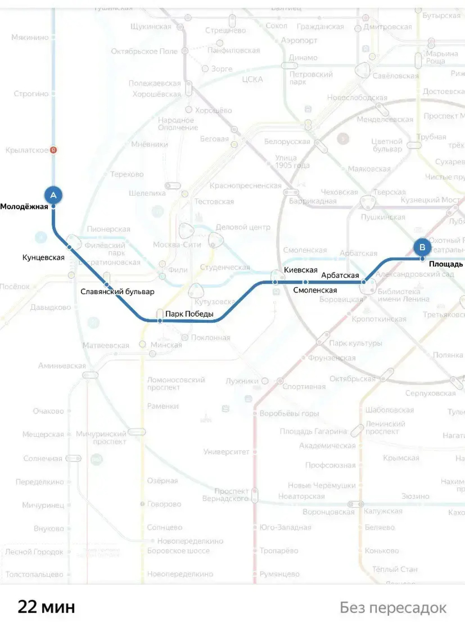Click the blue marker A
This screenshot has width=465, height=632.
tap(53, 195)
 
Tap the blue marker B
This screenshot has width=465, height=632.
tap(422, 247)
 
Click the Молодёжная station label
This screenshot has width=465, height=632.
tap(24, 207)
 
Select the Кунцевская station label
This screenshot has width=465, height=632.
tap(43, 258)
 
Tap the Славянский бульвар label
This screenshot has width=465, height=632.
tap(117, 291)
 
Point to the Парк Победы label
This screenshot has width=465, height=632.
tap(189, 314)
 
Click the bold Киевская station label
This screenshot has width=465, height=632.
tap(301, 270)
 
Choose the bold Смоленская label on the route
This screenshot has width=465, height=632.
tap(315, 290)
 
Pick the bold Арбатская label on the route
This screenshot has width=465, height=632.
tap(340, 276)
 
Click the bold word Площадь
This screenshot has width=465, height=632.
tap(446, 264)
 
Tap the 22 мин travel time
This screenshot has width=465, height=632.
tap(46, 607)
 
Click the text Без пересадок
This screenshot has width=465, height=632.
tap(393, 608)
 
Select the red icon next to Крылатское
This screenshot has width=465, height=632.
tap(53, 150)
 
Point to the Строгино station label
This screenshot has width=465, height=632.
tap(31, 94)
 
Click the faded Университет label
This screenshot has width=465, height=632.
tap(226, 452)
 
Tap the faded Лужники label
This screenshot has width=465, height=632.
tap(242, 381)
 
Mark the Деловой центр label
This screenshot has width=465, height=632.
tap(243, 227)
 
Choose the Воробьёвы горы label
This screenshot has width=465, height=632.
tap(289, 413)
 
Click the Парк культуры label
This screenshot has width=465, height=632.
tap(355, 343)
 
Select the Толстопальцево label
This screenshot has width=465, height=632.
tap(34, 574)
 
